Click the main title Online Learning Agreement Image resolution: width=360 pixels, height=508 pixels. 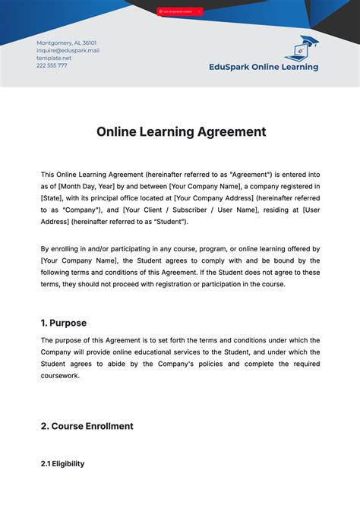pyautogui.click(x=181, y=131)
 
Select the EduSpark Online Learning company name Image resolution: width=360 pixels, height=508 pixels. pyautogui.click(x=264, y=66)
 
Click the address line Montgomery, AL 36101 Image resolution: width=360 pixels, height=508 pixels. pyautogui.click(x=66, y=43)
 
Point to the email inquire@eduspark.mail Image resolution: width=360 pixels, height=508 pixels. pyautogui.click(x=68, y=50)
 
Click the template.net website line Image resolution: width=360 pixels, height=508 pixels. pyautogui.click(x=53, y=58)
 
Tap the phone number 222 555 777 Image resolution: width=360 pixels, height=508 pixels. pyautogui.click(x=52, y=65)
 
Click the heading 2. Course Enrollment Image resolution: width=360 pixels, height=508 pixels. pyautogui.click(x=87, y=426)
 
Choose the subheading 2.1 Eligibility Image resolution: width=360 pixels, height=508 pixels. pyautogui.click(x=62, y=463)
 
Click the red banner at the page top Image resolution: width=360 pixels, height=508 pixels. pyautogui.click(x=180, y=11)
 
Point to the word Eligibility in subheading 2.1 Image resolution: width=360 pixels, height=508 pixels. pyautogui.click(x=68, y=463)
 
